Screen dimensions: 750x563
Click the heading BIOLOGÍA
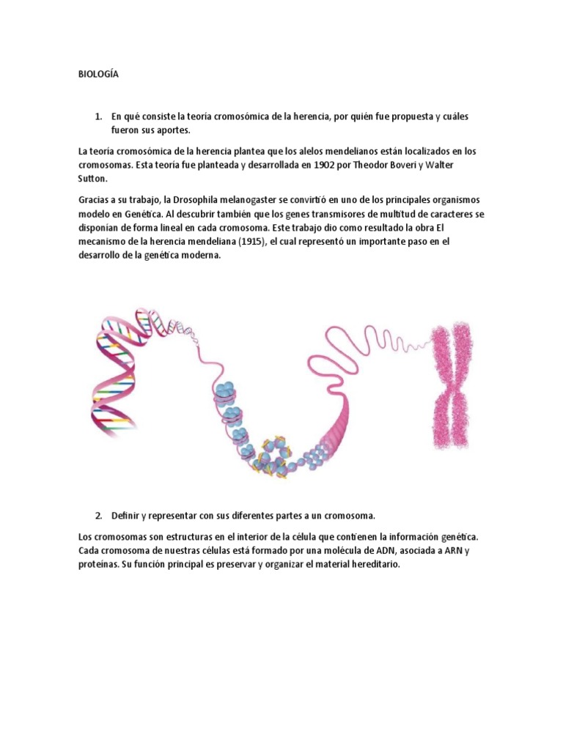point(97,74)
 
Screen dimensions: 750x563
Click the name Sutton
point(92,178)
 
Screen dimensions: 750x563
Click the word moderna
point(197,256)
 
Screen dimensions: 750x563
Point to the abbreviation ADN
point(393,551)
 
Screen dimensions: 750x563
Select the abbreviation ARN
point(457,551)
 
